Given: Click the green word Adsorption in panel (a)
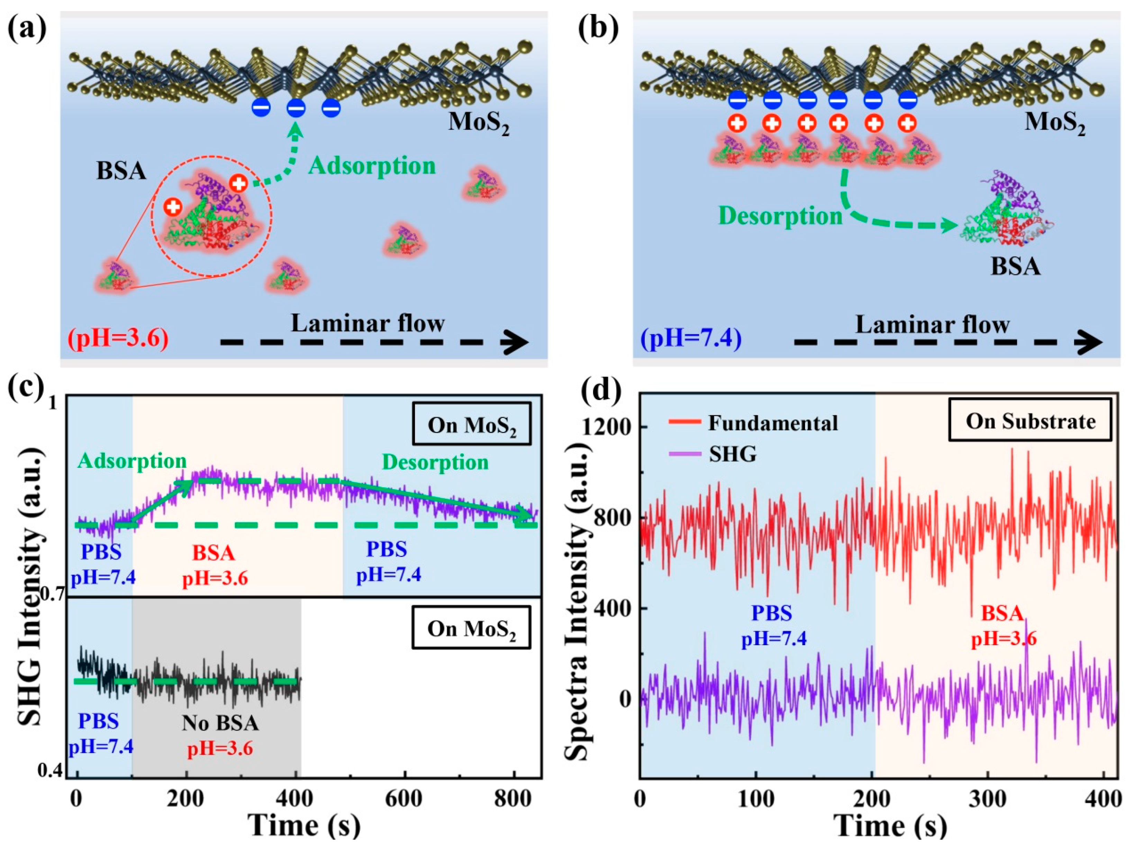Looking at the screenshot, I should pyautogui.click(x=372, y=166).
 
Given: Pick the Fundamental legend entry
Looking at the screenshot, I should pyautogui.click(x=772, y=423).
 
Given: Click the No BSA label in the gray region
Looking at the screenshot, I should pyautogui.click(x=220, y=723).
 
